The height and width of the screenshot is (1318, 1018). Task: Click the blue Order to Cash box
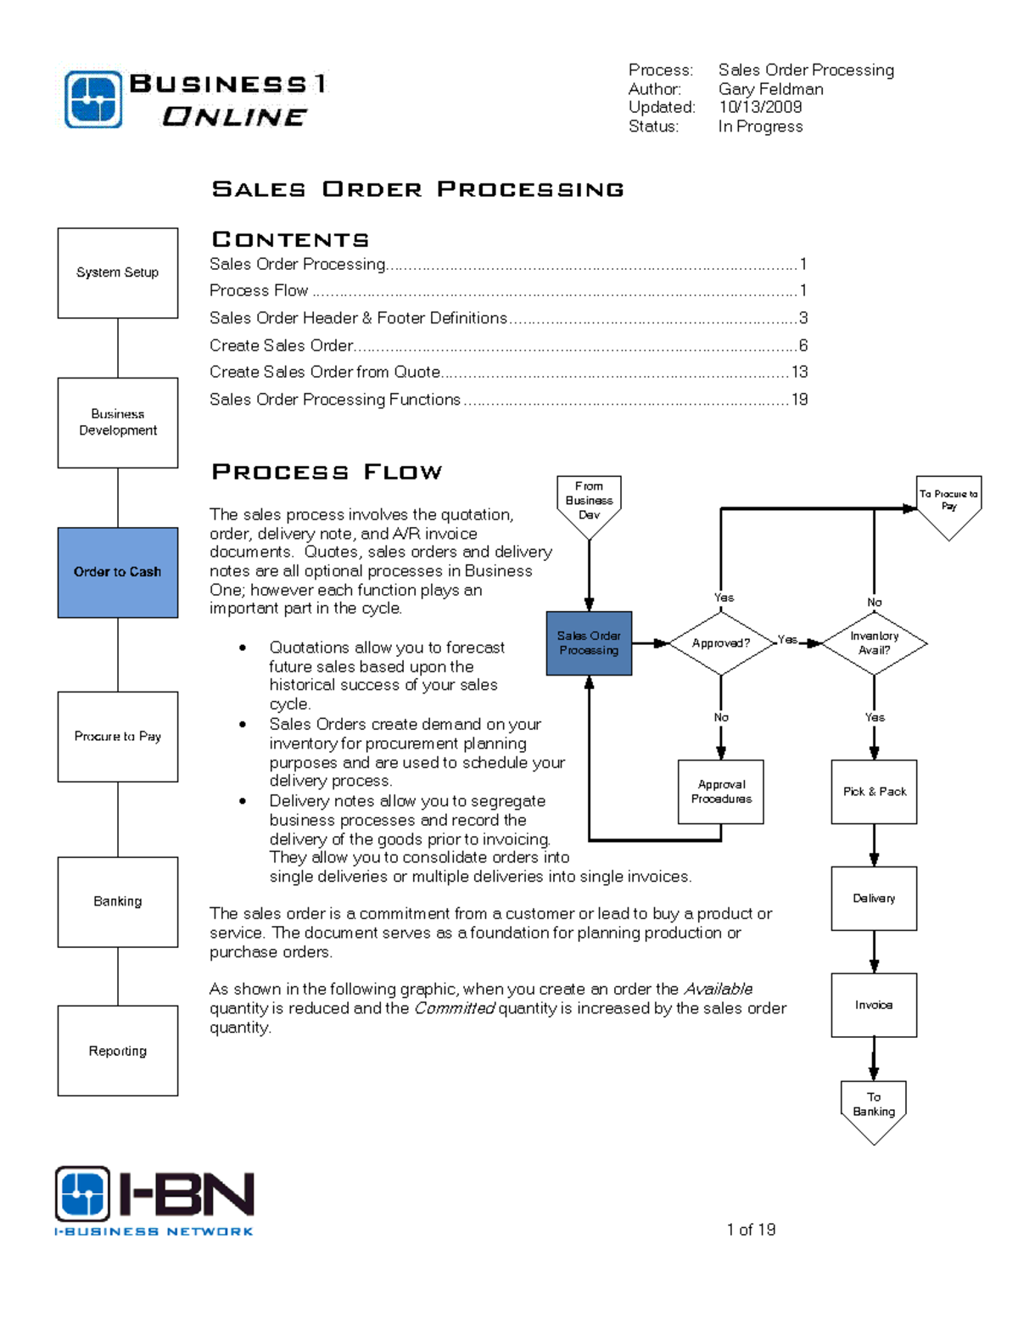point(117,572)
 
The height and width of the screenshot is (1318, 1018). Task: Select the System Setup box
point(117,272)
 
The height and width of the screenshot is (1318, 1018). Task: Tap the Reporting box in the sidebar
point(117,1051)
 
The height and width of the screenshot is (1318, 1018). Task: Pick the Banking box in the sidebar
point(117,901)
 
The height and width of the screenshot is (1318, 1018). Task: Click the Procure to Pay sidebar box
point(117,736)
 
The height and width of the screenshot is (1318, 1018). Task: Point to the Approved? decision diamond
point(721,643)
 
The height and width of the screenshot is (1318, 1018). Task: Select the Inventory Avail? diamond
point(874,643)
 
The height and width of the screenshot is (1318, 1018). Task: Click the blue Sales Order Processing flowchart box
point(589,643)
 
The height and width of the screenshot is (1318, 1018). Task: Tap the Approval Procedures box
point(721,792)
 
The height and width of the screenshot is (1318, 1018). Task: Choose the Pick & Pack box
point(874,792)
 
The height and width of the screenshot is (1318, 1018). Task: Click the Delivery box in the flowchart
point(874,898)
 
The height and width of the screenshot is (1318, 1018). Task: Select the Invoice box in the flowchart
point(874,1005)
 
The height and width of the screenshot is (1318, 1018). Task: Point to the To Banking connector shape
point(874,1108)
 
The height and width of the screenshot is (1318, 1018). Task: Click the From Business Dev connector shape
point(589,502)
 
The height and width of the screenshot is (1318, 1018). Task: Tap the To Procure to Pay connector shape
point(948,502)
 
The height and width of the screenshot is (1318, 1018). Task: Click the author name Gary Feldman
point(770,89)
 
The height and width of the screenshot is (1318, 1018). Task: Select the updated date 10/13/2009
point(760,107)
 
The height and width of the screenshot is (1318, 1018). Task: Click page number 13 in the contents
point(799,372)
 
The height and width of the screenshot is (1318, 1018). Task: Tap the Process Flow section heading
point(327,472)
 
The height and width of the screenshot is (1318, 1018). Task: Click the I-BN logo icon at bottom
point(82,1193)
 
